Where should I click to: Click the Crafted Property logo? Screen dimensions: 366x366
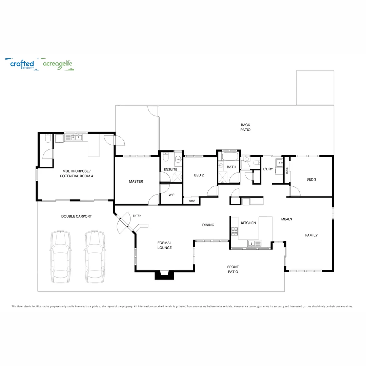coord(22,64)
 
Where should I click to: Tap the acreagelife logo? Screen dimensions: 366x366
coord(58,64)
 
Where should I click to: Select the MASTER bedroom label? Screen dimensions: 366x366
coord(136,181)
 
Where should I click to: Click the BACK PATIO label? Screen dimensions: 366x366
coord(245,127)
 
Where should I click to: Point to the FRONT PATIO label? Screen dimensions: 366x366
coord(233,269)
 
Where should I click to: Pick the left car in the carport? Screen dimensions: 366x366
coord(60,257)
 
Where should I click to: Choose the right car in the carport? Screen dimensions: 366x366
coord(95,257)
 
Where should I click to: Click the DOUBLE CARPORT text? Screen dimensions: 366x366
coord(77,216)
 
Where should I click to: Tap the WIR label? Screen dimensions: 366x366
coord(171,195)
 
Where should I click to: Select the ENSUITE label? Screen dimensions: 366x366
coord(170,169)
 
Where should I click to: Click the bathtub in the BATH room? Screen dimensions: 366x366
coord(230,156)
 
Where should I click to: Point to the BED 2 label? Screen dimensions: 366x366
coord(199,175)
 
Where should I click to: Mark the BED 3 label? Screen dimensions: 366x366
coord(311,179)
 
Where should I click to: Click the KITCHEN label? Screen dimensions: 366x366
coord(248,223)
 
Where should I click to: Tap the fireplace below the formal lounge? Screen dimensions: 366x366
coord(165,275)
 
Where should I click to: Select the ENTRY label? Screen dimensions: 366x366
coord(137,216)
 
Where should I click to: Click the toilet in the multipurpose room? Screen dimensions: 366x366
coord(48,138)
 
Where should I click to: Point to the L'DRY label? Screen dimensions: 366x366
coord(268,169)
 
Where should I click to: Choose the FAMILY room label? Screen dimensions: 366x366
coord(311,235)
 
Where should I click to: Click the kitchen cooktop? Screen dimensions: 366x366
coord(235,231)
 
